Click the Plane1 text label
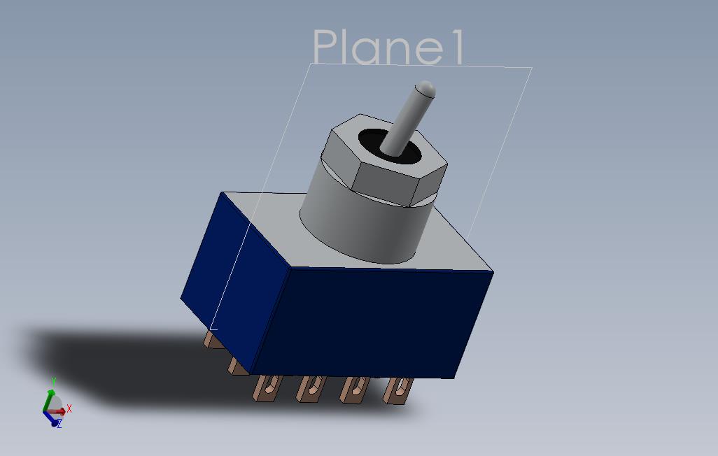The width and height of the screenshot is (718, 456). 388,48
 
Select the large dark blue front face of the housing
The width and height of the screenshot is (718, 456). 364,322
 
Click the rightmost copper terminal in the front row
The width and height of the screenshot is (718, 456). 398,391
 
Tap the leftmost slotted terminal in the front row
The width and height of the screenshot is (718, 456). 267,388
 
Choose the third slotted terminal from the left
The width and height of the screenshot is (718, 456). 353,390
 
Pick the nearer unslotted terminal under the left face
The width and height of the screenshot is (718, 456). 237,365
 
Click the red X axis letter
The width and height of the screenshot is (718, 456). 69,409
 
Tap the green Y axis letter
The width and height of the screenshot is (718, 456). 53,382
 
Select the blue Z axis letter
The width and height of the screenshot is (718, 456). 60,423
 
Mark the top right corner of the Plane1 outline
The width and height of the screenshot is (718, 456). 532,68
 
